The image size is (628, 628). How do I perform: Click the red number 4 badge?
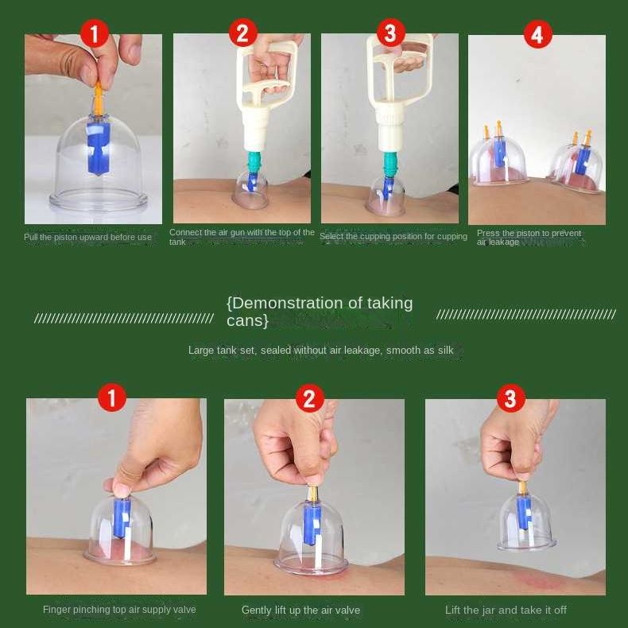tap(537, 34)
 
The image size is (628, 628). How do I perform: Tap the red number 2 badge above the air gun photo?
tap(242, 33)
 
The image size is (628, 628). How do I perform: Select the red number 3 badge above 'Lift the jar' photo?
tap(510, 398)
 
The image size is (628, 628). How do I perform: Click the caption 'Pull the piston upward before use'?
tap(87, 237)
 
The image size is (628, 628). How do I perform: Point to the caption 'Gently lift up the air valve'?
tap(300, 610)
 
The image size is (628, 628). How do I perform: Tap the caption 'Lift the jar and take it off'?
tap(506, 610)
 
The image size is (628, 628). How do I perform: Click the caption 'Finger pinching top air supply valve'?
tap(119, 610)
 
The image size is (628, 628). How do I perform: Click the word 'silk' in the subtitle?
tap(445, 350)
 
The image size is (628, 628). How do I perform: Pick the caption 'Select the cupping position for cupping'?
tap(393, 236)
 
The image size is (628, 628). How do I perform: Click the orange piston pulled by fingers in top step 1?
tap(98, 97)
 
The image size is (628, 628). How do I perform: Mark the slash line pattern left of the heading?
tap(124, 318)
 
